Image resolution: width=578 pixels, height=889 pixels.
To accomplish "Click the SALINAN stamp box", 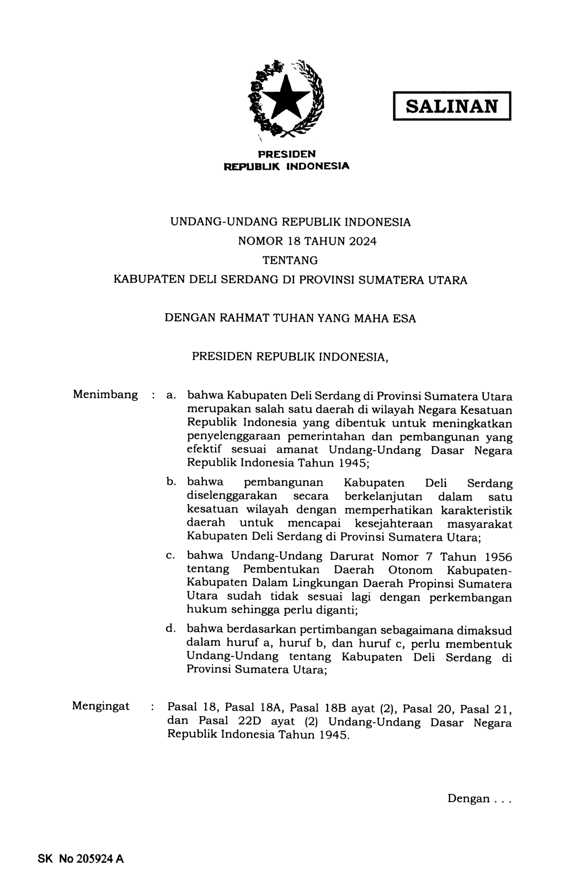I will coord(452,106).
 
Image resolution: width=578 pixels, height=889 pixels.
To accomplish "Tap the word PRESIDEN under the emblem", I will coord(287,154).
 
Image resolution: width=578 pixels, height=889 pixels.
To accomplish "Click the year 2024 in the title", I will coord(363,241).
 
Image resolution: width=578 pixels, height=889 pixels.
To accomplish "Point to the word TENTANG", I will coord(290,260).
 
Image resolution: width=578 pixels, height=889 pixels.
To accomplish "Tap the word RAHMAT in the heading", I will coord(243,318).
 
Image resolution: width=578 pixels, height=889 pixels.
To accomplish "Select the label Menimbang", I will coord(105,394).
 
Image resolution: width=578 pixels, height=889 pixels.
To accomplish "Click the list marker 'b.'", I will coord(171,481).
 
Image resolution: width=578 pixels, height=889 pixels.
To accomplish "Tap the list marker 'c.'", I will coord(171,555).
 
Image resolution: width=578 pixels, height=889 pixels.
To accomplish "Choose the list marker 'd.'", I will coord(171,629).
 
